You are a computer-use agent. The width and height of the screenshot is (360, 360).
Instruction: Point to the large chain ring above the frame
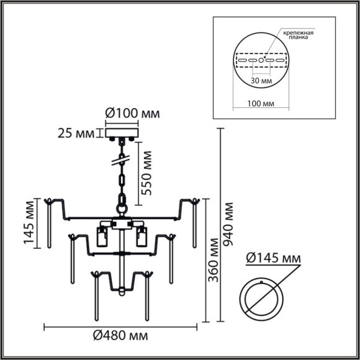pos(122,200)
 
